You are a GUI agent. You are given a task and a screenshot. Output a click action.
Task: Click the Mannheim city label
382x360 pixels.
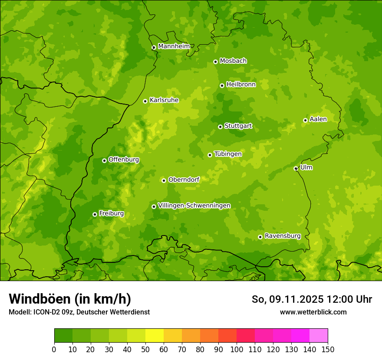174,46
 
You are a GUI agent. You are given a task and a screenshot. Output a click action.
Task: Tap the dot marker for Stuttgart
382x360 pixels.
220,127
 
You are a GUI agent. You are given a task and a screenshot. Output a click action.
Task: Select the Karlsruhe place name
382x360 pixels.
164,100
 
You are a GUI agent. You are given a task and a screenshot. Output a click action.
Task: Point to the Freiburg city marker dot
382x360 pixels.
95,214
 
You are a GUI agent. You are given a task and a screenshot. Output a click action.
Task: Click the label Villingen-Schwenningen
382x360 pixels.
194,205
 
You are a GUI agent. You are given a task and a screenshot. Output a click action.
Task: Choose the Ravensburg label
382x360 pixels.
282,236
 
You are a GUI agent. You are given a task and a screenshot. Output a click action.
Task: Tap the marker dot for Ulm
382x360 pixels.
296,168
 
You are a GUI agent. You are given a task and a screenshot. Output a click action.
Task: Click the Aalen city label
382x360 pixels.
318,119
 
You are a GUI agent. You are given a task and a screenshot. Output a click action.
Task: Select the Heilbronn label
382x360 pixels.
240,84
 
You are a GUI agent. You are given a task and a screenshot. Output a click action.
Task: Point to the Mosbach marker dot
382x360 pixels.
215,62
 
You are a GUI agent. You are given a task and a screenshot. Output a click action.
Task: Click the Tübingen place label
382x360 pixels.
227,154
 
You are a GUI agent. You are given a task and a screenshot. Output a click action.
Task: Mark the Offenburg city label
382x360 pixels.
123,159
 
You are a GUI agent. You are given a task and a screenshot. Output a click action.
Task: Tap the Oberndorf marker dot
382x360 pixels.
164,180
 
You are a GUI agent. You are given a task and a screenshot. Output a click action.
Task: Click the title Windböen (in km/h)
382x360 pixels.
69,299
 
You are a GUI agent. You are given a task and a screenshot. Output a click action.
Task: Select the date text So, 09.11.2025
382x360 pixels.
286,299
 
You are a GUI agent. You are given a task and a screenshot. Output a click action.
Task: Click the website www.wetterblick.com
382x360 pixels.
313,312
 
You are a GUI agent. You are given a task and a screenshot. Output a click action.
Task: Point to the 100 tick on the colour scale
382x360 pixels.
237,349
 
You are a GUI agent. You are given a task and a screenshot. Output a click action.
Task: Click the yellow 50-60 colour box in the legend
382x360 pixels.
155,335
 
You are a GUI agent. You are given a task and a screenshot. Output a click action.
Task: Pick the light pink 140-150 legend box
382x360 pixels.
319,335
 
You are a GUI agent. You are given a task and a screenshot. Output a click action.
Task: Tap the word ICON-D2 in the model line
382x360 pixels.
45,312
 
